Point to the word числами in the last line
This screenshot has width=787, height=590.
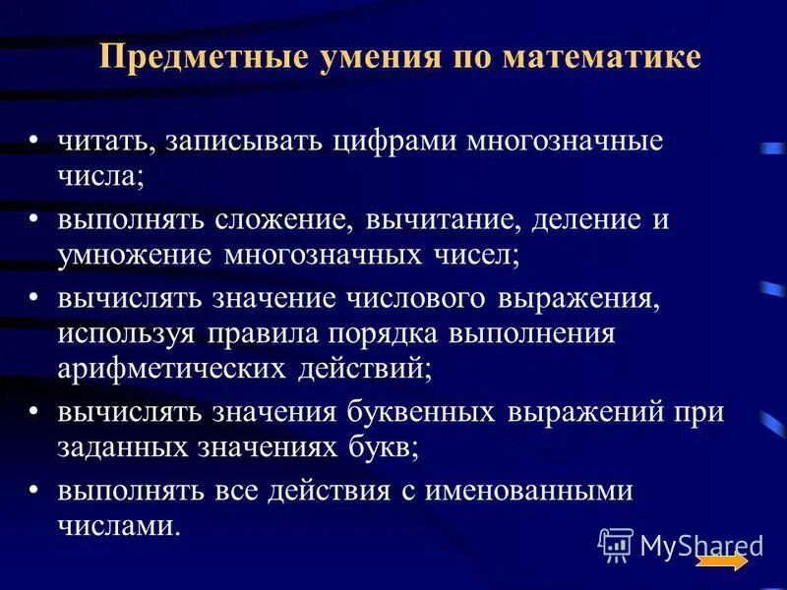(118, 527)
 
